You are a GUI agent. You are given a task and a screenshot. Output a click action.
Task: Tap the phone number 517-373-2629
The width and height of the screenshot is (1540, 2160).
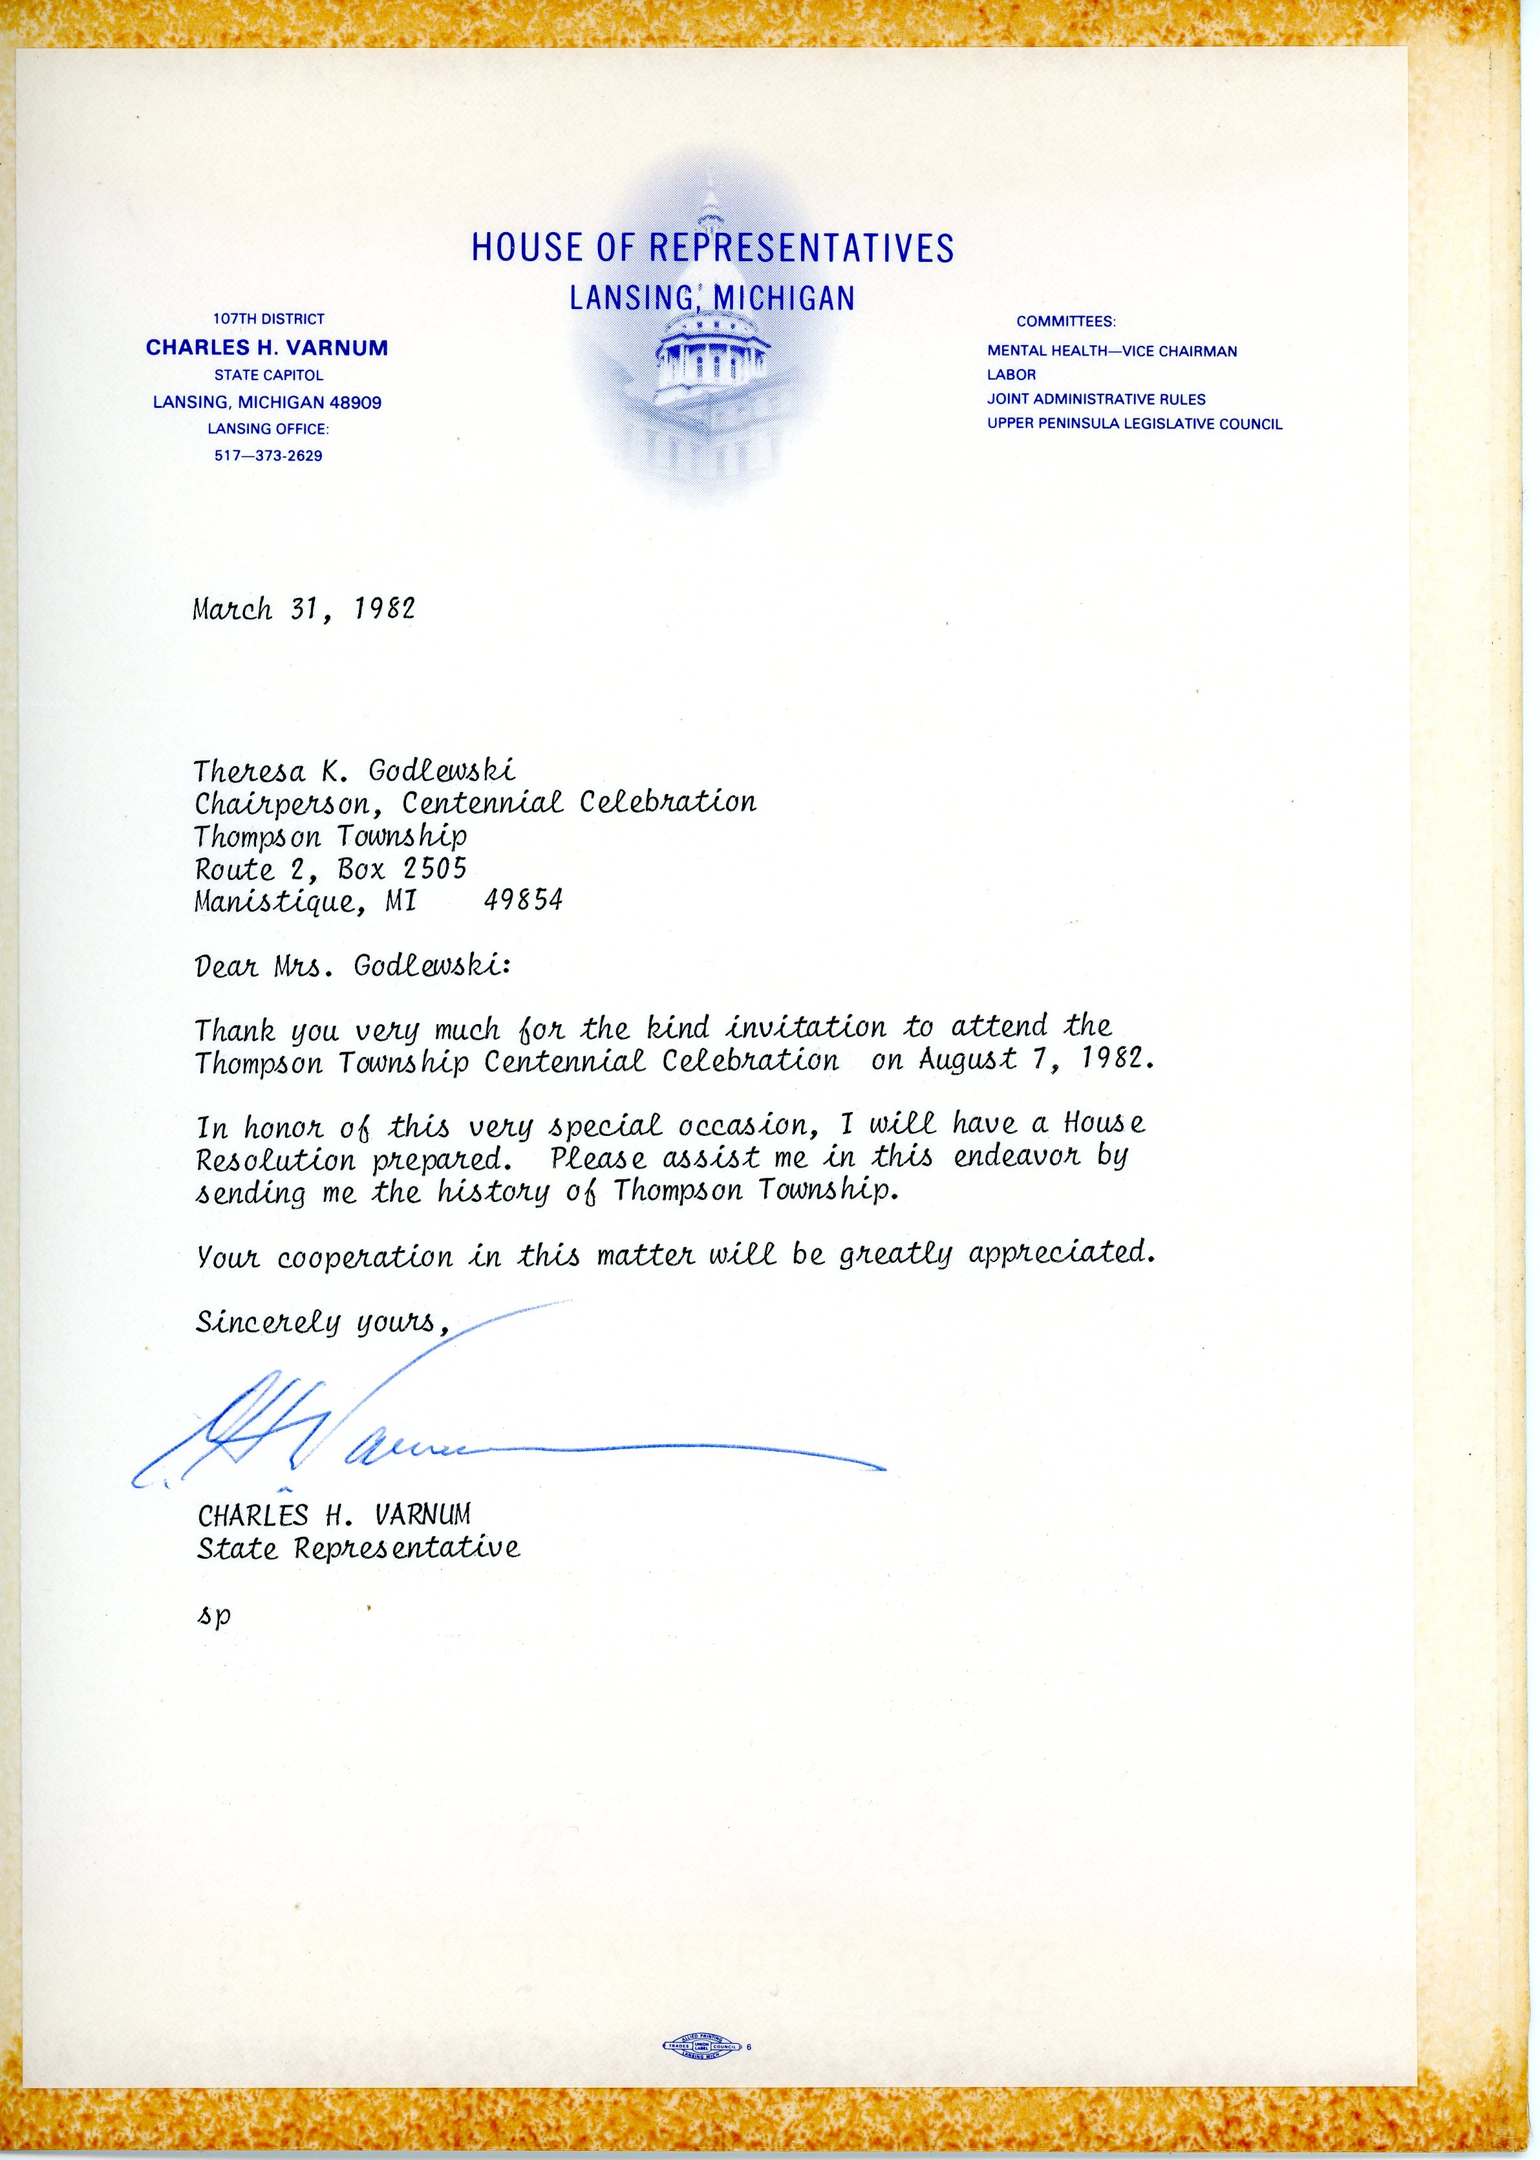[x=268, y=455]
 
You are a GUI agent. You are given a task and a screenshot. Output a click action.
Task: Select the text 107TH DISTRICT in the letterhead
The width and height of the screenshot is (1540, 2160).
[x=268, y=319]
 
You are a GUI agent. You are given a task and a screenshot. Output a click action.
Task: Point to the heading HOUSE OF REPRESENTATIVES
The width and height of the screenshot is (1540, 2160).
[x=712, y=248]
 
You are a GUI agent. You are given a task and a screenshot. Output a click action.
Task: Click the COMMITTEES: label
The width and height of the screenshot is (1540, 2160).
[x=1066, y=323]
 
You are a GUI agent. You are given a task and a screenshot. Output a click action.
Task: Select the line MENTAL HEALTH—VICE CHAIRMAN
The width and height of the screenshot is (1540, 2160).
[x=1111, y=351]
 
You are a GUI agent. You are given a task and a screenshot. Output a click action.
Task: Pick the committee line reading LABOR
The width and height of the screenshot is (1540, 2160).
[x=1011, y=374]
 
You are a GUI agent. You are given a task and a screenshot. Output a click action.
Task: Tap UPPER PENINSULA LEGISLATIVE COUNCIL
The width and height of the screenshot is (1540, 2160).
[x=1134, y=424]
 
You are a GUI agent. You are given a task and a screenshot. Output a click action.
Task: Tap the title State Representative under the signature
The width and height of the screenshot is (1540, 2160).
[x=358, y=1548]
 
